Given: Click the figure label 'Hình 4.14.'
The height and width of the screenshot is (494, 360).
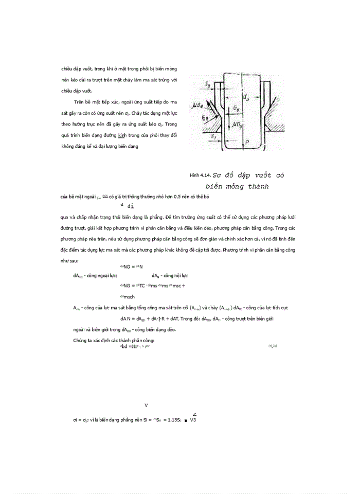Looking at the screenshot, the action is click(x=201, y=175).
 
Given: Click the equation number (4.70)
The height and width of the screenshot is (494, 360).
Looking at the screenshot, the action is click(x=273, y=346).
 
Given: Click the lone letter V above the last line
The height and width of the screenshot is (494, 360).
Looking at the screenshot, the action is click(x=147, y=405).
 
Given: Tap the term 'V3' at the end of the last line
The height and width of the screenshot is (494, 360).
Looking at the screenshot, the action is click(x=193, y=420).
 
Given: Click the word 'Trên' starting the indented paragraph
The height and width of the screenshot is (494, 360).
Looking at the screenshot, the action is click(x=80, y=102).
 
